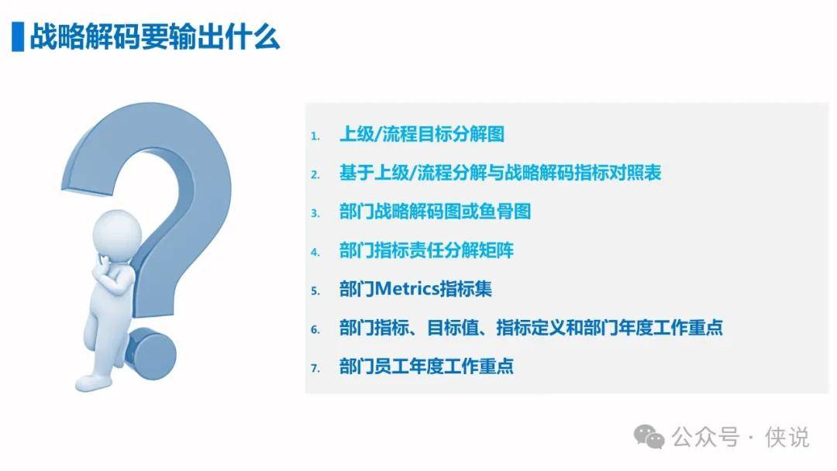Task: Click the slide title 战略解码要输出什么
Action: point(155,37)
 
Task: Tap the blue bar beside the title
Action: point(18,37)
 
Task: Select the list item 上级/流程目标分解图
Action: point(422,134)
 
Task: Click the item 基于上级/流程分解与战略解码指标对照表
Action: point(500,173)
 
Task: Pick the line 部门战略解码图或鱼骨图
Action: point(435,211)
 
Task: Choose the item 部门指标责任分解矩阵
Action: point(426,250)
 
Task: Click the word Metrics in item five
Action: point(408,289)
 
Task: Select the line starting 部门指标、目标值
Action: point(531,328)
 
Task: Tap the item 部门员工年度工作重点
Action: point(426,366)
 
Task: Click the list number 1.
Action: point(315,136)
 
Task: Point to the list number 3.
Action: point(315,214)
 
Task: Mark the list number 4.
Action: point(315,253)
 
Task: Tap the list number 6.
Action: point(315,330)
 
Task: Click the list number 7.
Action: point(315,369)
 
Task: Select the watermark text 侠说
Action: point(787,438)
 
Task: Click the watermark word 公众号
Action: point(705,438)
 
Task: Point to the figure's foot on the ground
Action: point(94,382)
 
